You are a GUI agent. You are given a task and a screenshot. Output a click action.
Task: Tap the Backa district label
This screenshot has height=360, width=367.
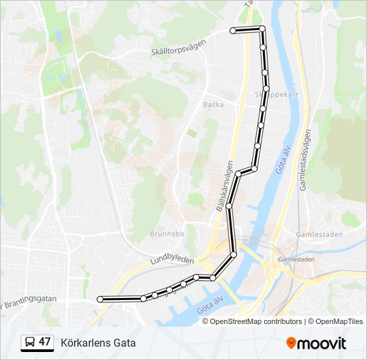tap(214, 105)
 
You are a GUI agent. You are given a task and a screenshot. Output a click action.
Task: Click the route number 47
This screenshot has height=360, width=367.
tap(45, 342)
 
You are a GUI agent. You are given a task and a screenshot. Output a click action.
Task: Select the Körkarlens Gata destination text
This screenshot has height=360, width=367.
tap(98, 343)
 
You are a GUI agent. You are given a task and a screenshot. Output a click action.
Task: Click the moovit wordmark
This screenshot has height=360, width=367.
tap(322, 343)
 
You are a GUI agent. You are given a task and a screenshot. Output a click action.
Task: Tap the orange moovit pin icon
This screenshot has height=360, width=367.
tap(292, 343)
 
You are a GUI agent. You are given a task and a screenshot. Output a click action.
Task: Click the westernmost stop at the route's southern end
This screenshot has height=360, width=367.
tap(101, 299)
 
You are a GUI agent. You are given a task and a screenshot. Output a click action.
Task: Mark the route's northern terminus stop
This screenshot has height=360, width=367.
tap(233, 31)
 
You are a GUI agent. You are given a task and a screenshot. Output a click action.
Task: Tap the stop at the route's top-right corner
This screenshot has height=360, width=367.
tap(262, 29)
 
